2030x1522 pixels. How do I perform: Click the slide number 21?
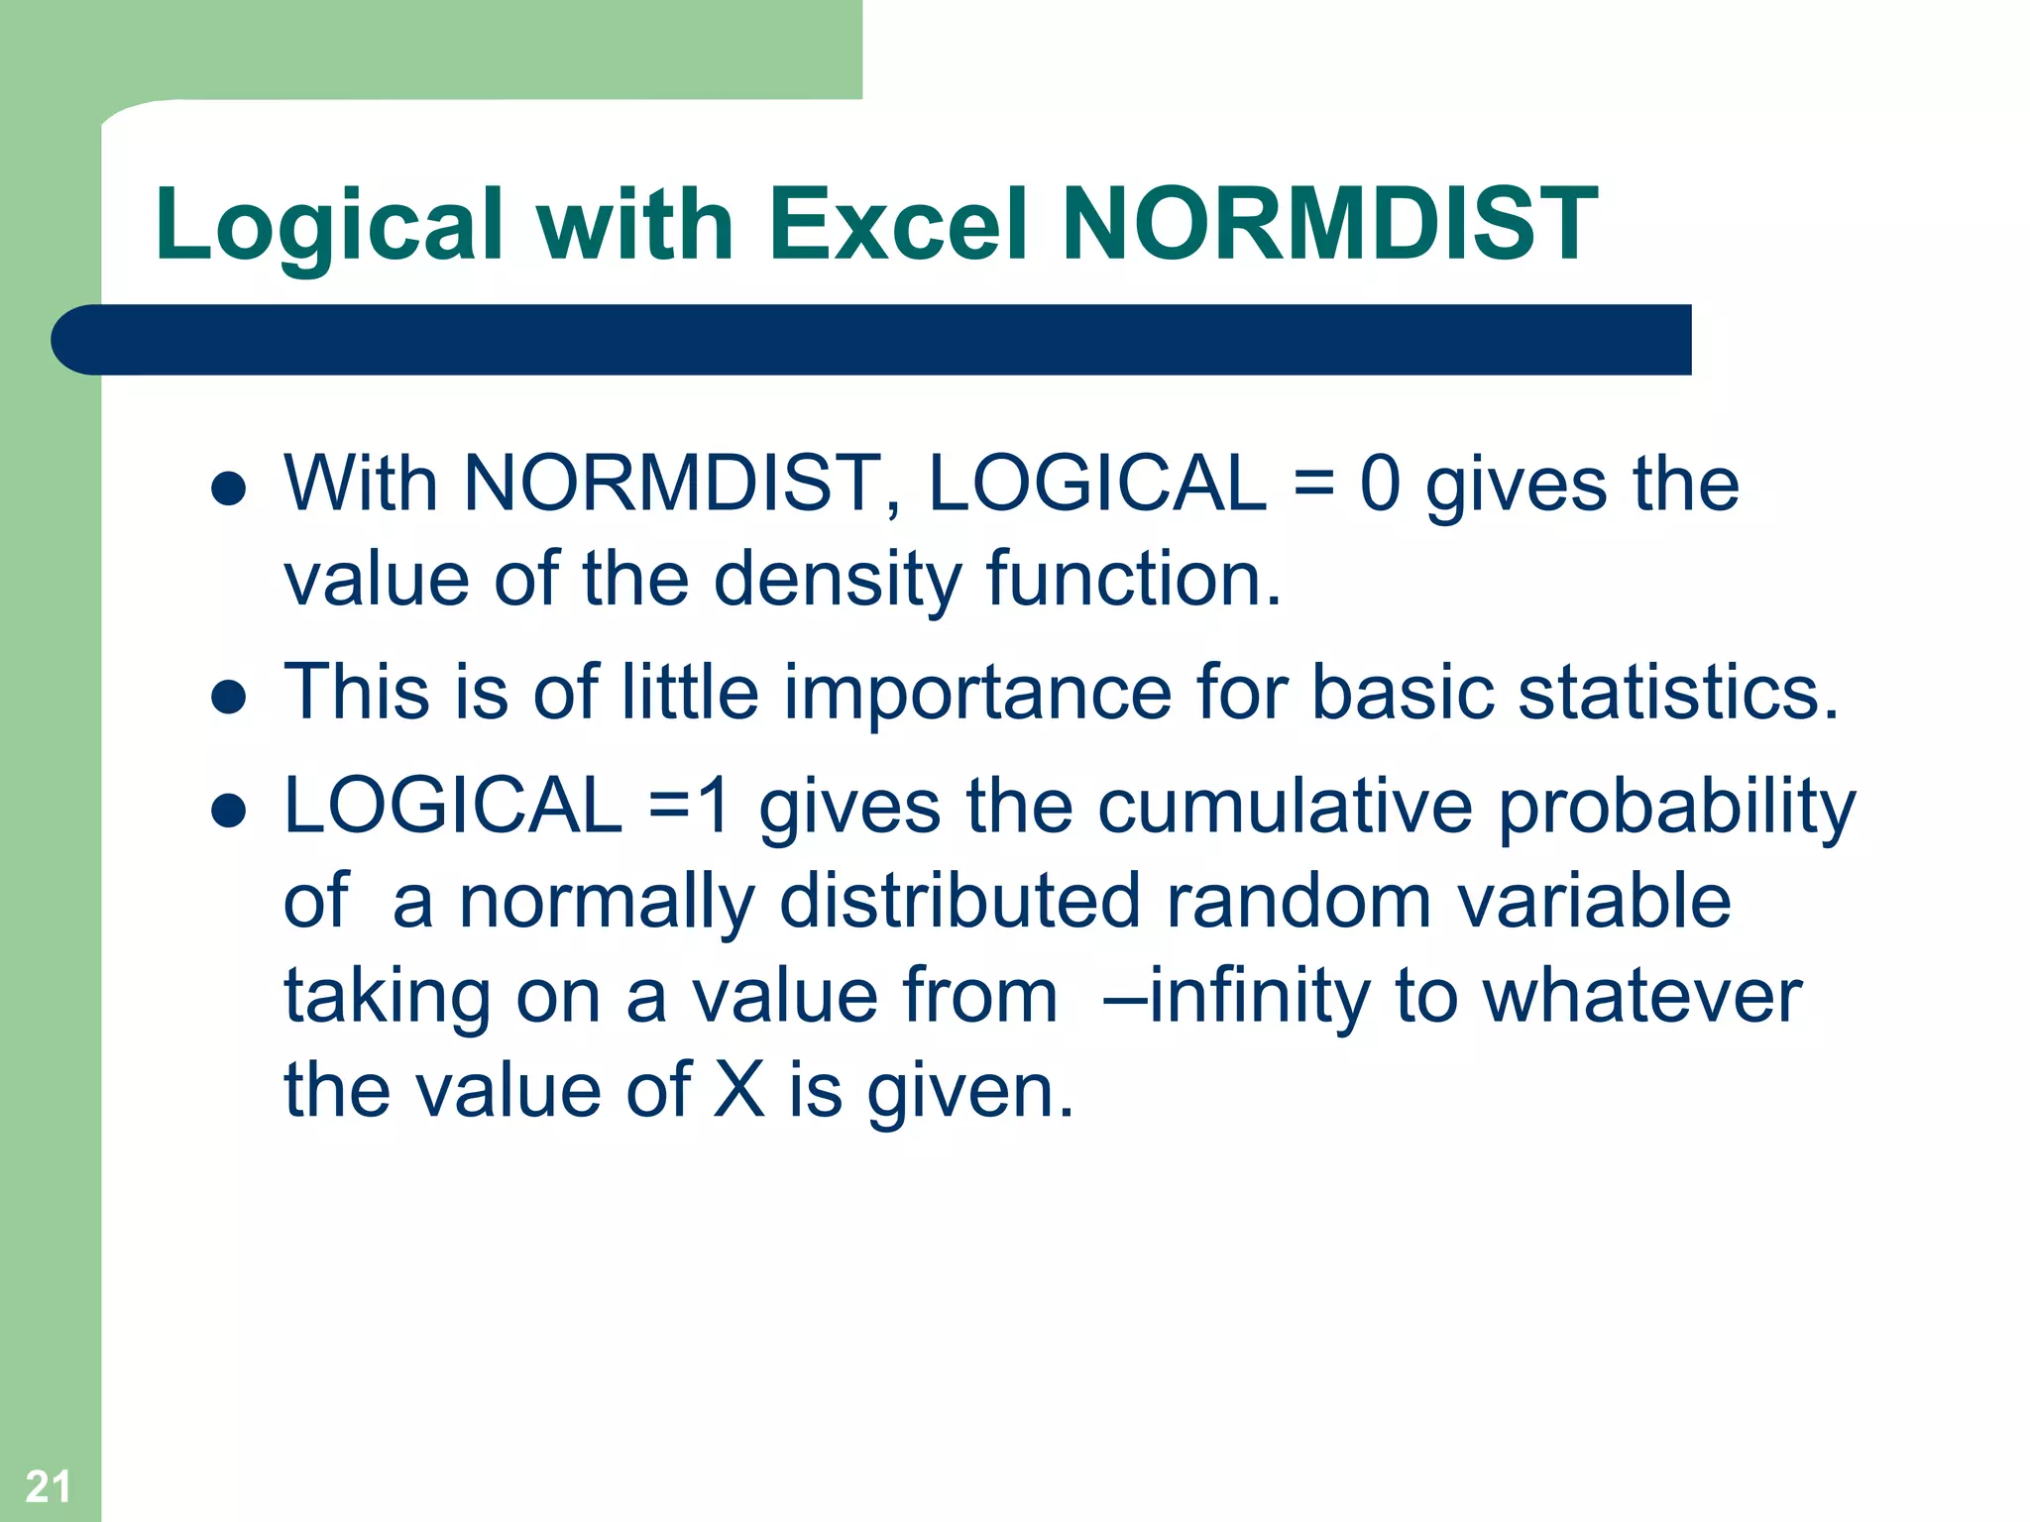(x=48, y=1486)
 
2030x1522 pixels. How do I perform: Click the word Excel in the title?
(x=898, y=225)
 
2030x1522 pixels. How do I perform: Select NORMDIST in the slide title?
(x=1329, y=225)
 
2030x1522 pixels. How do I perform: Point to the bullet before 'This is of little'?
(x=229, y=696)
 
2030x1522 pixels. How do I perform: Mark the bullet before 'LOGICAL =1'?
(x=229, y=810)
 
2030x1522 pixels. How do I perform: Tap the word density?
(x=837, y=580)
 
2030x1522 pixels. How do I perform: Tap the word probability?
(x=1676, y=809)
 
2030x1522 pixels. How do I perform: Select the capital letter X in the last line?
(x=739, y=1090)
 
